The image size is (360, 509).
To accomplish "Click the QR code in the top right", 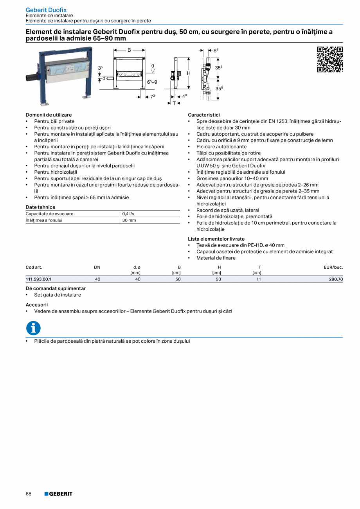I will point(329,59).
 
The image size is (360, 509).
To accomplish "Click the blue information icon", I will point(33,328).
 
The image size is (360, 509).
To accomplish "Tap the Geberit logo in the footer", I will point(58,494).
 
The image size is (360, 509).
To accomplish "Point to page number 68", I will point(29,494).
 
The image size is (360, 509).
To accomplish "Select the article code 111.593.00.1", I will point(38,279).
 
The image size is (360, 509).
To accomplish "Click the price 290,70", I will point(336,279).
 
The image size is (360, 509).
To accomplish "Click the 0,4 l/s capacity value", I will point(128,214).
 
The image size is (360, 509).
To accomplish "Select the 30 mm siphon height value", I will point(129,220).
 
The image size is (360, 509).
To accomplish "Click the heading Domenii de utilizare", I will point(49,115).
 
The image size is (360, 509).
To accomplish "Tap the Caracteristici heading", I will point(204,115).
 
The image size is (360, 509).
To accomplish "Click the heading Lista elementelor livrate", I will point(216,239).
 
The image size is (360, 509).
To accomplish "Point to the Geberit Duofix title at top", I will point(46,10).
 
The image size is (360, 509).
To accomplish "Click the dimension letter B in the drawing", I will point(129,50).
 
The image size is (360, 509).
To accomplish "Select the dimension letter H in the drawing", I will point(188,73).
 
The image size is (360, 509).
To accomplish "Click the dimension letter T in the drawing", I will point(175,103).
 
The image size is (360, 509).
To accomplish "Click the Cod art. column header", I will point(34,267).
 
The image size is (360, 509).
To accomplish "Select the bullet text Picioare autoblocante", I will point(221,147).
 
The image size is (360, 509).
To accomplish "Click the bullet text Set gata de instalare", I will point(58,295).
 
